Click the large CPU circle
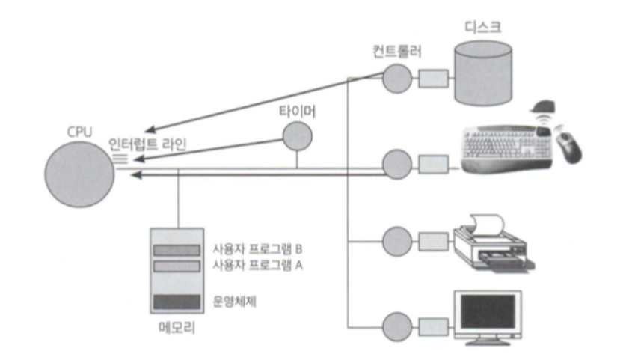coord(79,171)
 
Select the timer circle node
coord(296,135)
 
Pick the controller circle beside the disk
coord(397,76)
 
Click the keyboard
coord(506,148)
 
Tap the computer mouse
coord(568,147)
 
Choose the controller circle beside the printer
coord(396,242)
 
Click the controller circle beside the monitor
coord(396,326)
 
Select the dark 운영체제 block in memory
coord(176,302)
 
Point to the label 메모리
coord(176,328)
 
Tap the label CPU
coord(79,132)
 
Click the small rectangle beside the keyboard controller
coord(432,162)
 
